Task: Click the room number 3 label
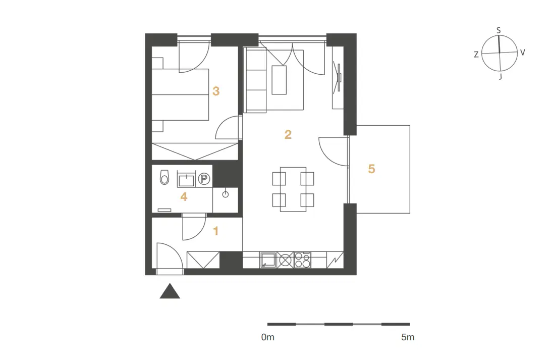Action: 216,91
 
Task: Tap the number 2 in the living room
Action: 288,134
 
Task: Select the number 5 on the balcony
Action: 371,169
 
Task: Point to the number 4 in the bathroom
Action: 184,196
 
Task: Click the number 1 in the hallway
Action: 216,231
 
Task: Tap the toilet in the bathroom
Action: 164,177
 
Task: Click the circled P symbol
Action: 204,179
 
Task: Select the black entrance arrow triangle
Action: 170,291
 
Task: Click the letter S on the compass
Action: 499,30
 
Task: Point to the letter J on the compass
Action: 500,76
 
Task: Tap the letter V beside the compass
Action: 523,53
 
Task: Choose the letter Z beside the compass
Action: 476,55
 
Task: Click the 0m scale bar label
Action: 268,337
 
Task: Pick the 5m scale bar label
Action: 408,337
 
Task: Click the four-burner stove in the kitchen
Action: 302,260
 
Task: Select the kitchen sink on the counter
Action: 268,261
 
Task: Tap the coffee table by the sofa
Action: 279,80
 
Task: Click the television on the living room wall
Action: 338,78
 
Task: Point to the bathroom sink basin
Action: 186,180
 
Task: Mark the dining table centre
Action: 293,189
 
